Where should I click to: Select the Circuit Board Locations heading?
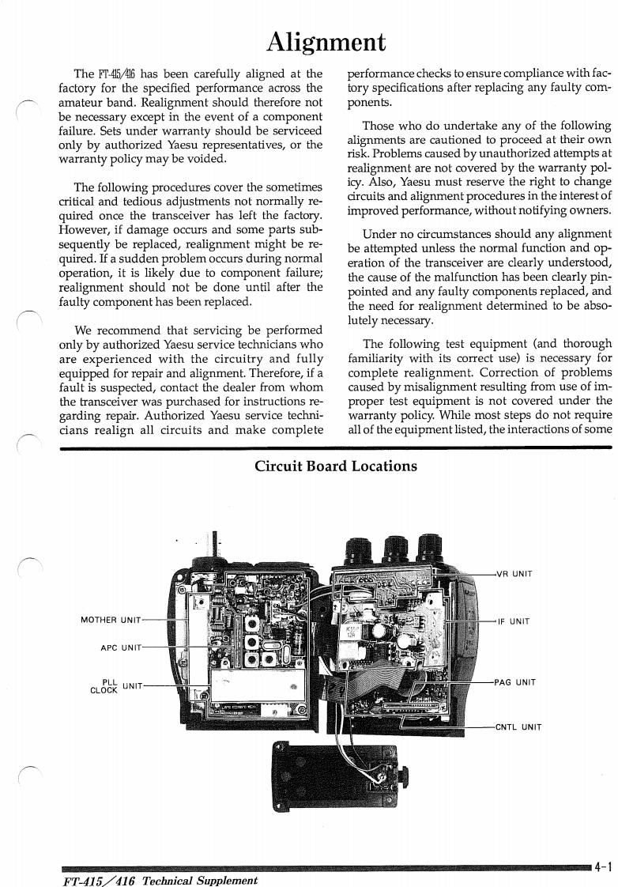[336, 466]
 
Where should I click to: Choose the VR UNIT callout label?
[514, 574]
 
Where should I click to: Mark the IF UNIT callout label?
[513, 621]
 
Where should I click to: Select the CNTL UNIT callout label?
[518, 727]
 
